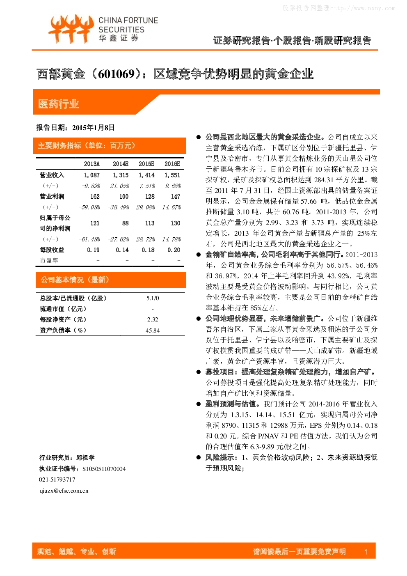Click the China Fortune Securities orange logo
click(71, 29)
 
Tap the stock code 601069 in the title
click(117, 74)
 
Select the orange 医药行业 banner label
click(59, 104)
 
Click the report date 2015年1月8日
click(93, 128)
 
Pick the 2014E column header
click(121, 164)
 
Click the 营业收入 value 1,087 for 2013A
click(92, 175)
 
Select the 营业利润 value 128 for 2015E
click(150, 197)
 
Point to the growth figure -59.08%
click(89, 207)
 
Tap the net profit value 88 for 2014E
click(126, 223)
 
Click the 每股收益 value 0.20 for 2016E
click(174, 250)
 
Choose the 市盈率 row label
click(49, 260)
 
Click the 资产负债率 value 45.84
click(153, 330)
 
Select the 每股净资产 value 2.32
click(153, 319)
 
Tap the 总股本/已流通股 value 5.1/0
click(153, 298)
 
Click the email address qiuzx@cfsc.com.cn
click(64, 491)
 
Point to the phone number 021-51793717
click(57, 479)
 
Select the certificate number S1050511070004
click(104, 469)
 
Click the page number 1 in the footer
click(366, 551)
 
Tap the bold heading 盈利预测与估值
click(230, 404)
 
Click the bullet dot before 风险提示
click(198, 457)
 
